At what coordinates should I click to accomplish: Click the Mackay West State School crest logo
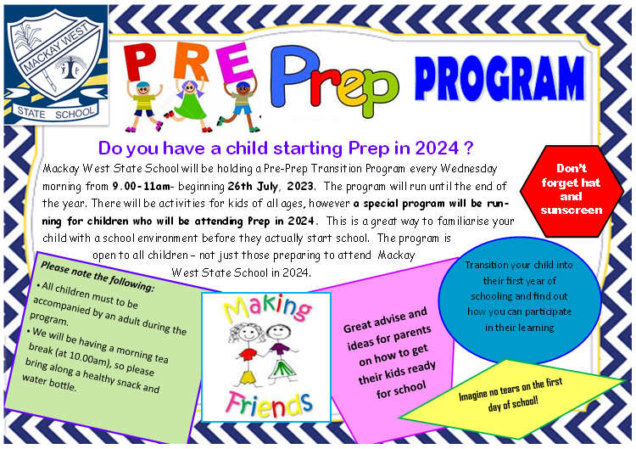(54, 64)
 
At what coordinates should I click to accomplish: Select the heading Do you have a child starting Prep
(285, 149)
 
